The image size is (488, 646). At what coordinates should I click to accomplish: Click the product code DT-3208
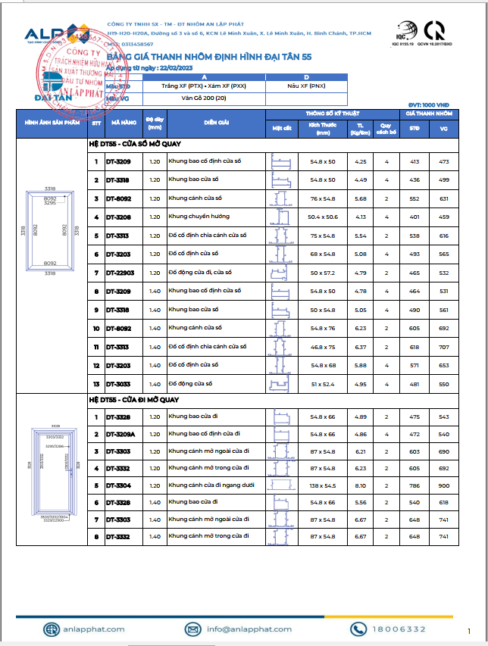coord(118,217)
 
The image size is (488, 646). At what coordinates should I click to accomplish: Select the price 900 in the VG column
coord(443,485)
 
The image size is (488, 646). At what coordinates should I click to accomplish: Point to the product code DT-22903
coord(120,273)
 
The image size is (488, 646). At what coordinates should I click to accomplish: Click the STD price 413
coord(414,162)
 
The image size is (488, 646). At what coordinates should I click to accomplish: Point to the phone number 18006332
coord(399,629)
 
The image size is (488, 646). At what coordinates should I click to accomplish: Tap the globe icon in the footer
coord(51,629)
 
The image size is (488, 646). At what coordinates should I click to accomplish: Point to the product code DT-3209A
coord(120,434)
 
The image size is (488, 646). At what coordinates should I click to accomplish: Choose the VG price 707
coord(443,346)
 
